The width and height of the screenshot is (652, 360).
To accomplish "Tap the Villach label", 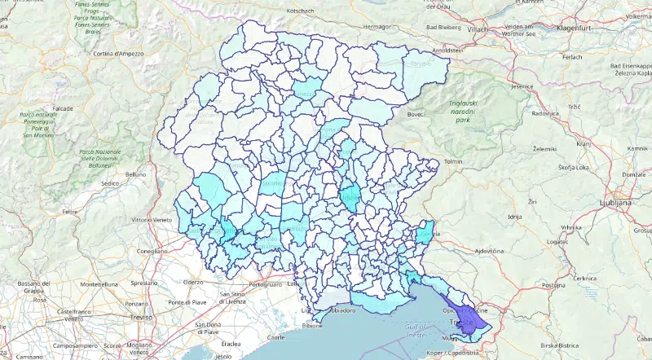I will click(x=477, y=29).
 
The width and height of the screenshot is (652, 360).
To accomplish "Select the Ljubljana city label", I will click(x=615, y=200).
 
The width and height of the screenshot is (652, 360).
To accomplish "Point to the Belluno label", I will click(x=135, y=173).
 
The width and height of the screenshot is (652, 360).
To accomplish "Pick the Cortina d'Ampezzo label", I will click(x=118, y=54).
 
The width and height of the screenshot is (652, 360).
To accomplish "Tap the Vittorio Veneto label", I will click(x=153, y=220).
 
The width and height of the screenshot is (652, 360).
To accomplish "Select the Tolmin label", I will click(x=452, y=161).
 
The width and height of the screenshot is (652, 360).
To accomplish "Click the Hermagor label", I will click(x=377, y=27).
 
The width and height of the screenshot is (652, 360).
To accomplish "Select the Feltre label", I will click(x=69, y=211).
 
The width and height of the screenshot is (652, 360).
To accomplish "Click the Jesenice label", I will click(x=522, y=86).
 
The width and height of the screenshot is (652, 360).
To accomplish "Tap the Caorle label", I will click(x=277, y=337).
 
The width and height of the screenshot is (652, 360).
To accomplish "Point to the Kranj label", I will click(x=583, y=143).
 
